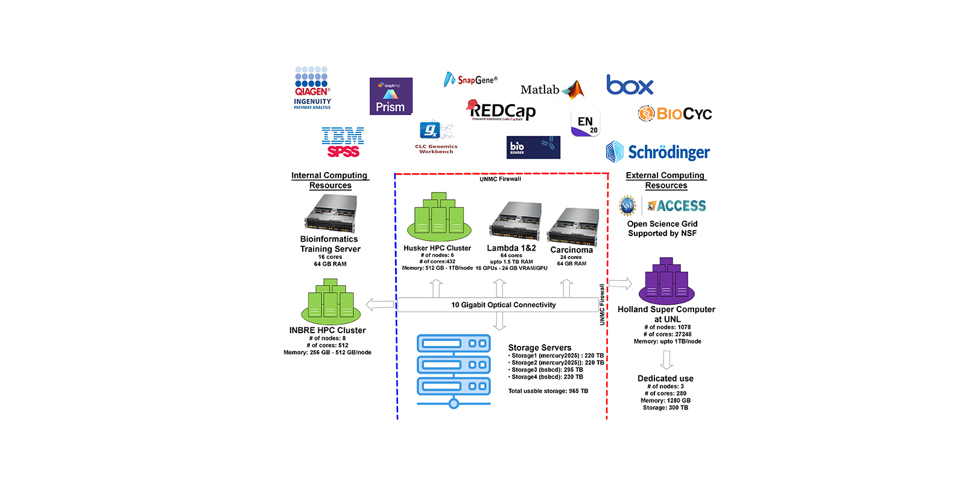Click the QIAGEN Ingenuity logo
coord(312,88)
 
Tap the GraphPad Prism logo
coord(391,96)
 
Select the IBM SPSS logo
coord(343,142)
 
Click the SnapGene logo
coord(471,80)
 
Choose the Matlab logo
coord(552,90)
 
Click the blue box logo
coord(630,85)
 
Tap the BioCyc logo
coord(675,114)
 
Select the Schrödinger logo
coord(658,152)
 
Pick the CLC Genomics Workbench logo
coord(435,138)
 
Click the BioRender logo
coord(533,147)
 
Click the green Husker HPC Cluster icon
coord(438,217)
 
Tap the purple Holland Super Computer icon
coord(666,281)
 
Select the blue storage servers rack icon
coord(454,370)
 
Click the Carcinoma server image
coord(573,226)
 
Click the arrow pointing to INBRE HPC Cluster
coord(380,305)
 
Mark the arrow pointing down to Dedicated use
coord(666,360)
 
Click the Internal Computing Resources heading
coord(329,180)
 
